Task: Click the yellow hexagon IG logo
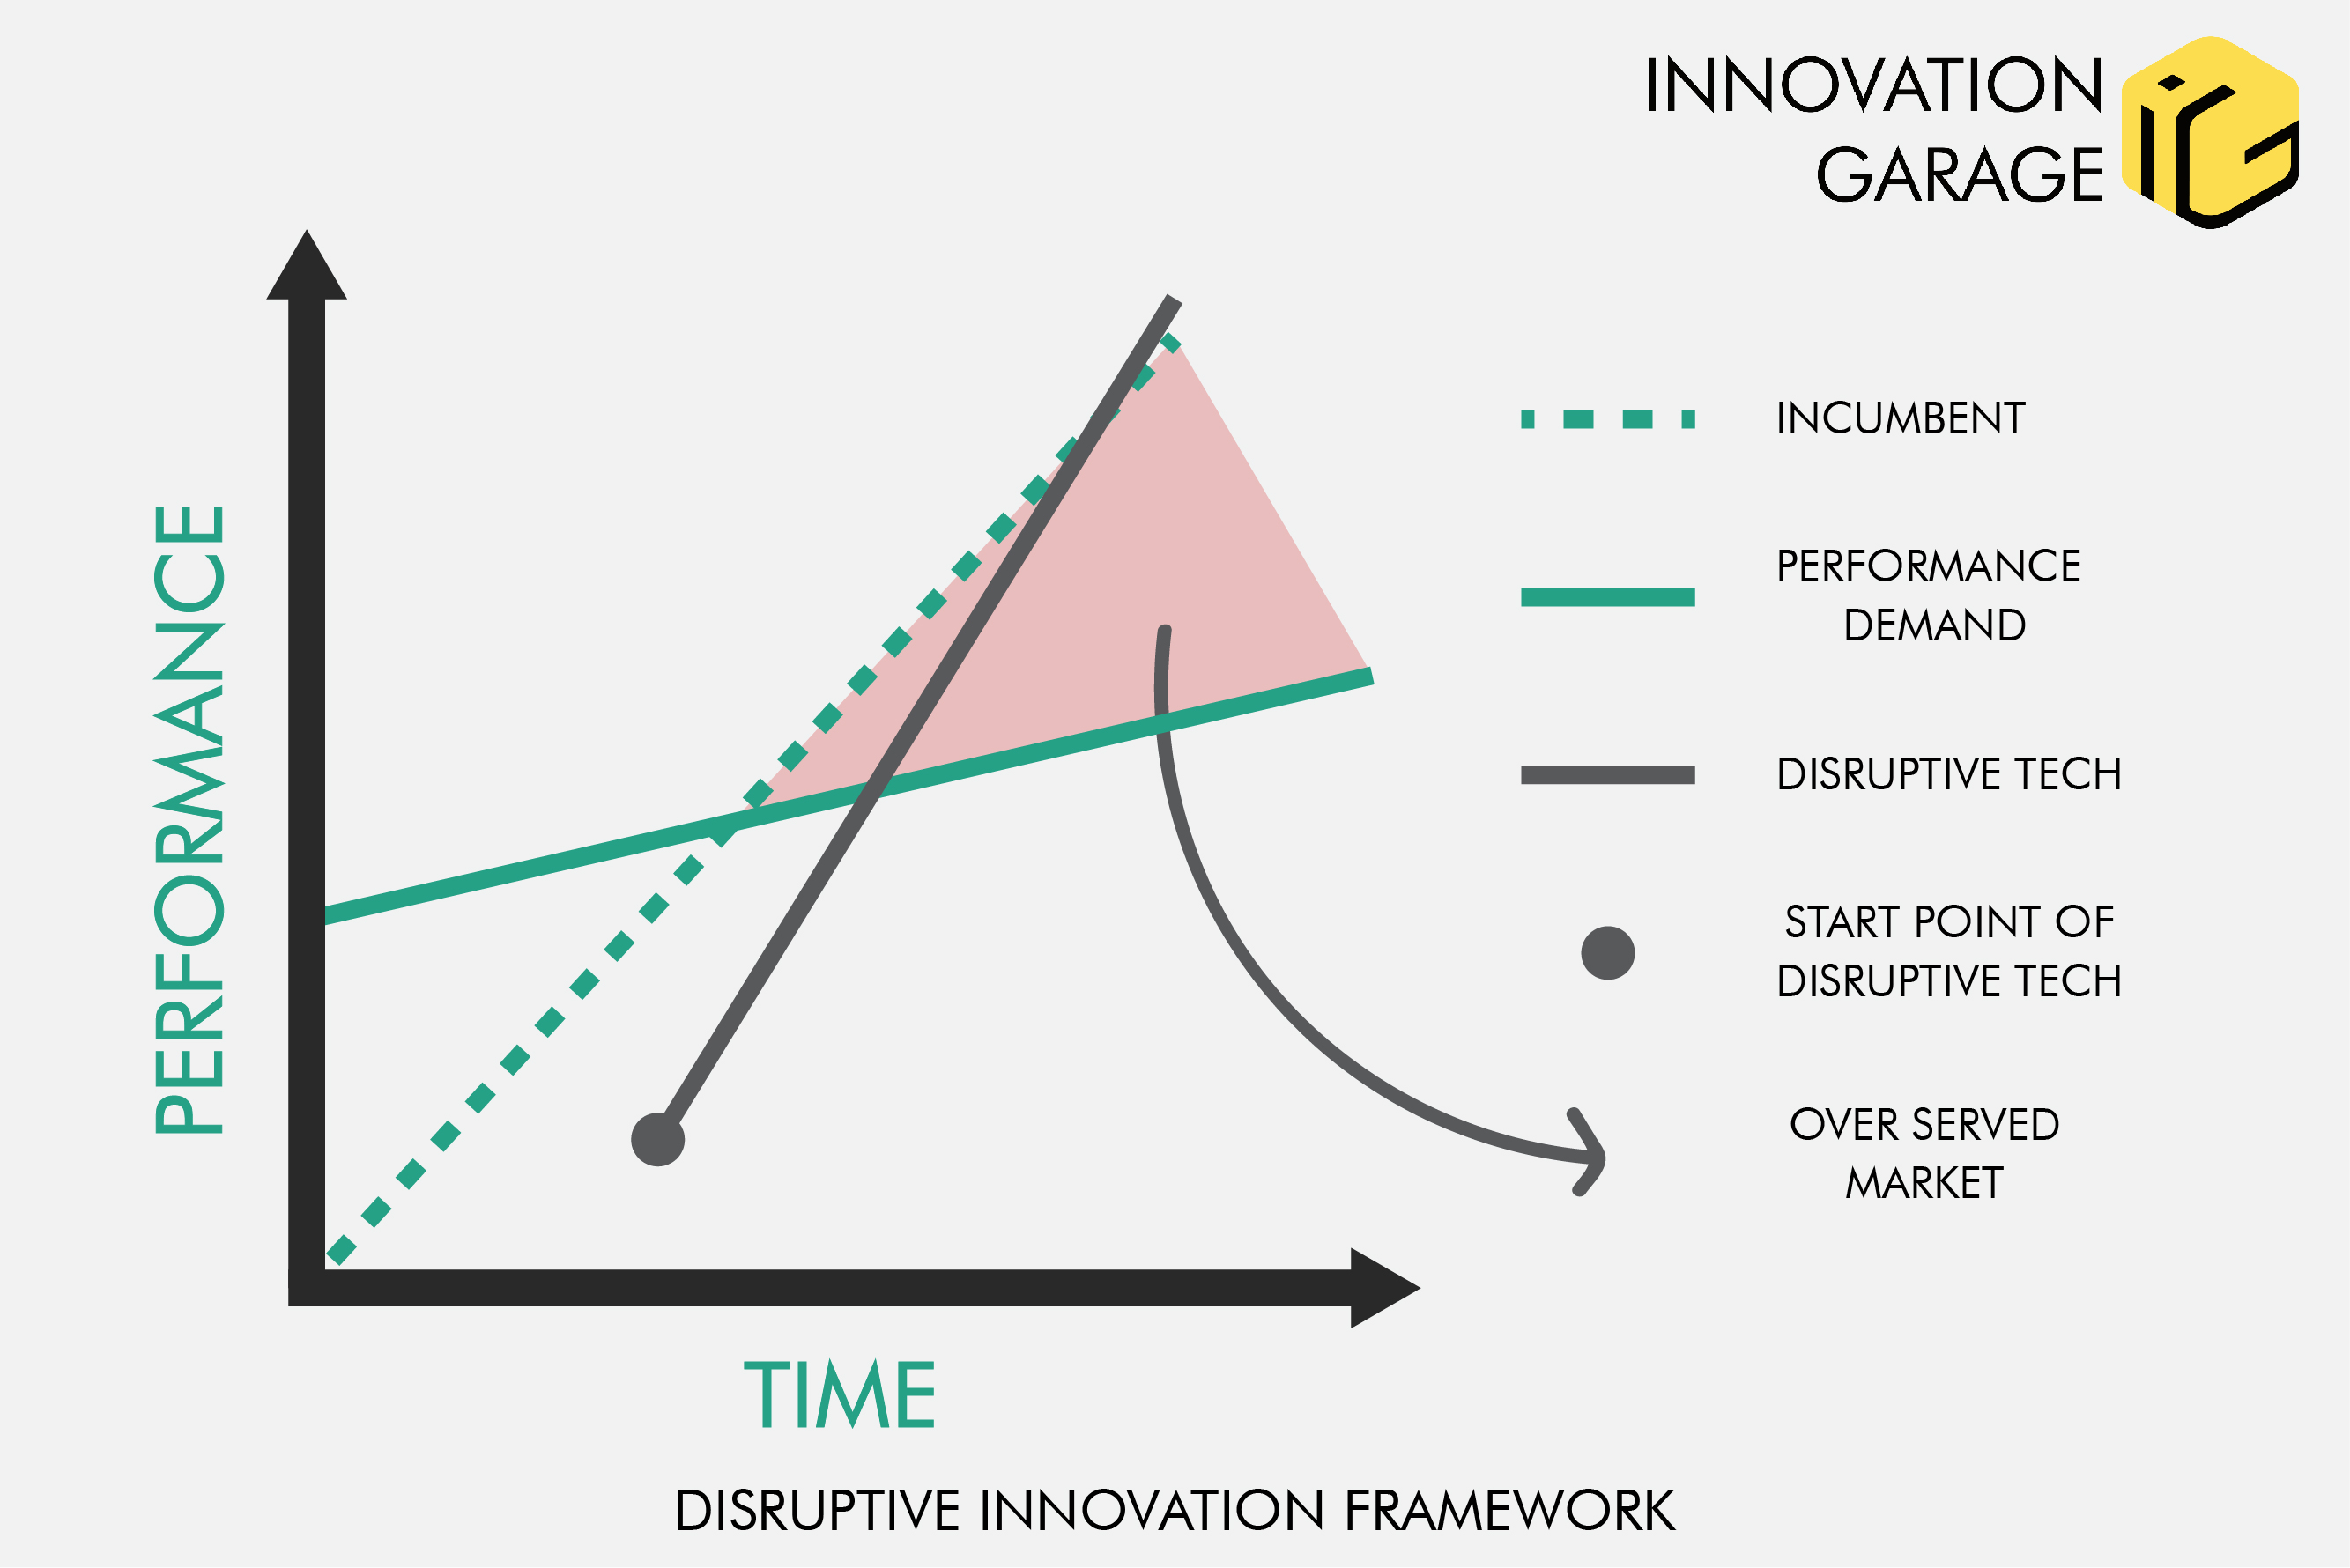coord(2210,132)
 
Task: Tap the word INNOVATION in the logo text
coord(1874,86)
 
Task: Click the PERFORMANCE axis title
coord(189,820)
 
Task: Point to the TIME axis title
coord(839,1395)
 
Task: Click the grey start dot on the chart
coord(658,1140)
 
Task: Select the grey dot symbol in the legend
coord(1608,953)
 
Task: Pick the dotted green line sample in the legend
coord(1608,419)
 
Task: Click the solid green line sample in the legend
coord(1608,598)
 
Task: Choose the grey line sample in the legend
coord(1608,775)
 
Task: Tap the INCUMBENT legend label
coord(1900,419)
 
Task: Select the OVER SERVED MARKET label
coord(1924,1154)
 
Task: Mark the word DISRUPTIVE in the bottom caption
coord(817,1511)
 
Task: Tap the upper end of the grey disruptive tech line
coord(1172,301)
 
